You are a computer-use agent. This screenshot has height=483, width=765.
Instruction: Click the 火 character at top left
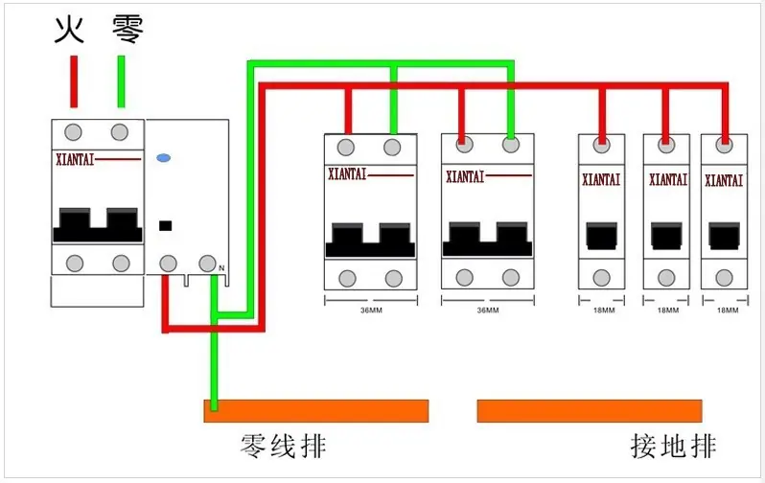pyautogui.click(x=69, y=30)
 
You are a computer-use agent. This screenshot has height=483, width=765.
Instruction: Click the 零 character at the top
pyautogui.click(x=127, y=30)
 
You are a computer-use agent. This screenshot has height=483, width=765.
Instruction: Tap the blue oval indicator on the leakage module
pyautogui.click(x=163, y=157)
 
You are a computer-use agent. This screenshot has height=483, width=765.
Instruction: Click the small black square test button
pyautogui.click(x=166, y=226)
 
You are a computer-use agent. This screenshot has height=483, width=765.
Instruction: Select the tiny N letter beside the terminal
pyautogui.click(x=221, y=268)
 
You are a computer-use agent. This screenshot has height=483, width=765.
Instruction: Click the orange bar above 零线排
pyautogui.click(x=316, y=411)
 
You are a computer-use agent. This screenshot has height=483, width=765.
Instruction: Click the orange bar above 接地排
pyautogui.click(x=590, y=411)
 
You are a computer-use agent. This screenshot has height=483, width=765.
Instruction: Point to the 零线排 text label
pyautogui.click(x=283, y=446)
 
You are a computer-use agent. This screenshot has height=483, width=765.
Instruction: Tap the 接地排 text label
pyautogui.click(x=673, y=446)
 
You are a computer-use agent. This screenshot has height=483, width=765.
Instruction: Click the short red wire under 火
pyautogui.click(x=74, y=81)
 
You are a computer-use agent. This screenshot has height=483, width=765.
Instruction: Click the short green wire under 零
pyautogui.click(x=121, y=81)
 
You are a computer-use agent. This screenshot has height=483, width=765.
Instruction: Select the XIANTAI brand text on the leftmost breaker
pyautogui.click(x=75, y=159)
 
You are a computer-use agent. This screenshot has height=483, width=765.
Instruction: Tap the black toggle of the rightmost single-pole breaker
pyautogui.click(x=724, y=236)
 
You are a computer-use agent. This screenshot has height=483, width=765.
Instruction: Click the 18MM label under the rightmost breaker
pyautogui.click(x=728, y=310)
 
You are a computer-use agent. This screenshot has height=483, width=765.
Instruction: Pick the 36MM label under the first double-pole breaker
pyautogui.click(x=371, y=310)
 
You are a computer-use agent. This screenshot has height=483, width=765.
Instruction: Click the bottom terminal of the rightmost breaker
pyautogui.click(x=724, y=278)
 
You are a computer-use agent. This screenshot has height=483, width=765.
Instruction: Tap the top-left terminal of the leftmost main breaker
pyautogui.click(x=73, y=132)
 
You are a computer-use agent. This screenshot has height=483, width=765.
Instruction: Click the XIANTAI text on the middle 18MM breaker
pyautogui.click(x=668, y=180)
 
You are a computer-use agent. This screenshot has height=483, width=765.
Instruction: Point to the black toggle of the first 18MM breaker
pyautogui.click(x=602, y=236)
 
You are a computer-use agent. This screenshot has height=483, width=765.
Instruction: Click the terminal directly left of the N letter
pyautogui.click(x=207, y=264)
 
